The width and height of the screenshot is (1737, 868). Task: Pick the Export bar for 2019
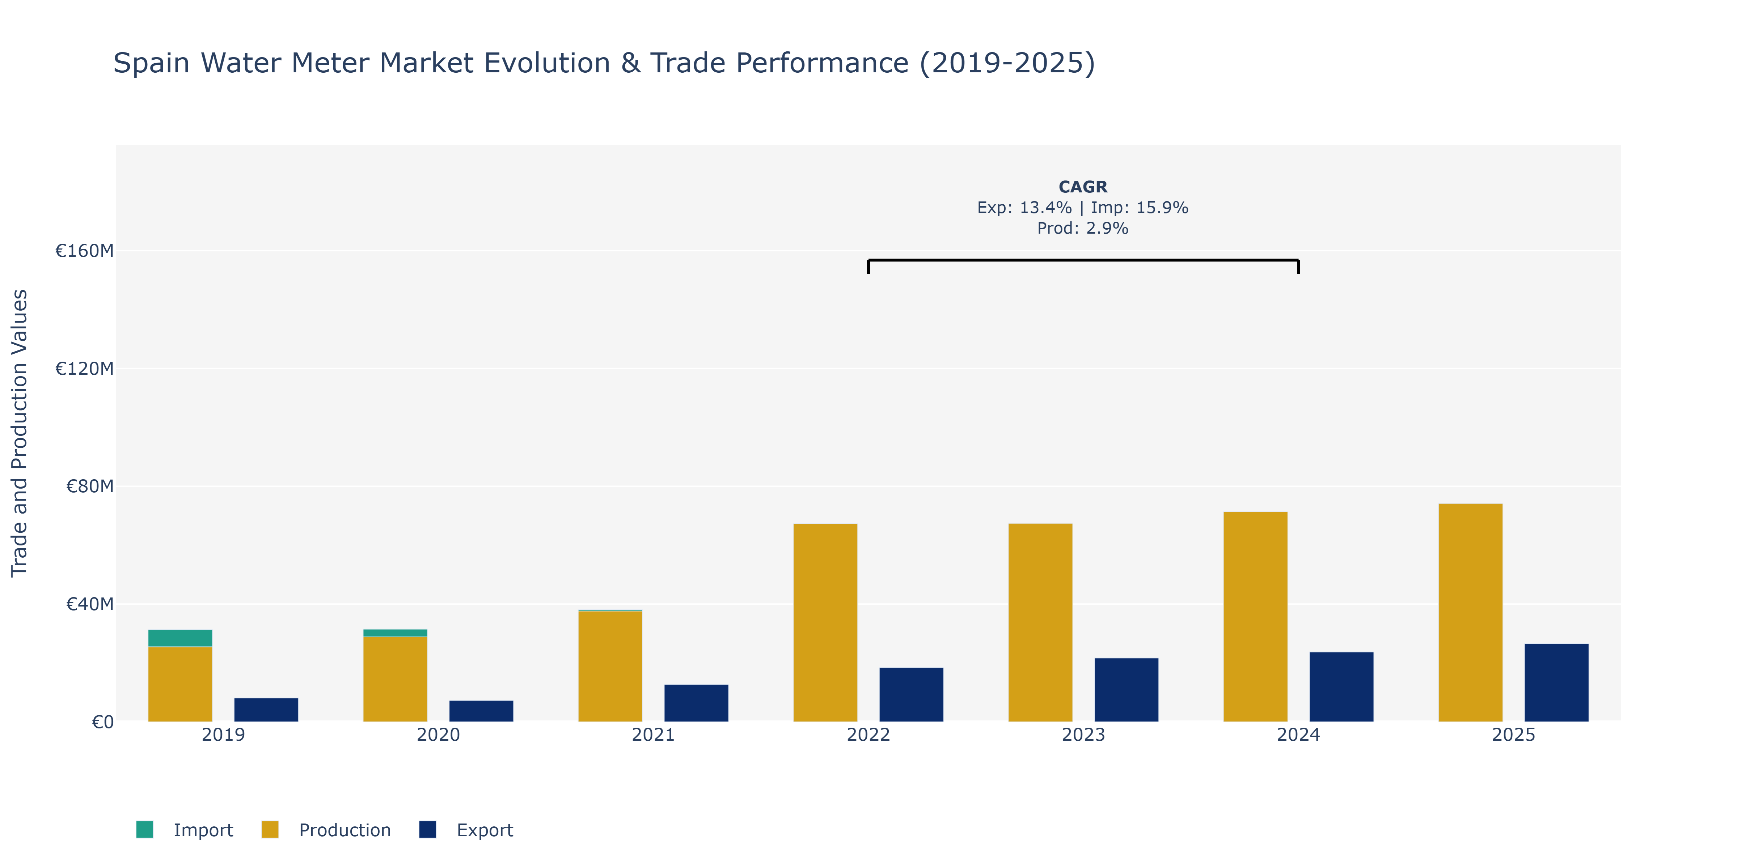coord(266,710)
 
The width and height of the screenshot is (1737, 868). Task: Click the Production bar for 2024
coord(1255,617)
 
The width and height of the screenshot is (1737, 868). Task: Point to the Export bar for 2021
coord(696,703)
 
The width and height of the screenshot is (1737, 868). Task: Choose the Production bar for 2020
coord(395,678)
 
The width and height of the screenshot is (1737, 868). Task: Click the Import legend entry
coord(185,830)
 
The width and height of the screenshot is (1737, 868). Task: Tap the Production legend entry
coord(326,830)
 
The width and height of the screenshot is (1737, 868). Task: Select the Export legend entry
coord(466,830)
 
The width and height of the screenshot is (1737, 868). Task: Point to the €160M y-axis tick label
coord(84,251)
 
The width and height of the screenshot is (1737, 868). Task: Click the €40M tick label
coord(90,604)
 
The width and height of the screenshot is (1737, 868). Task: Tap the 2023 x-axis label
coord(1083,735)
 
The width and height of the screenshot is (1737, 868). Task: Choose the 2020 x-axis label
coord(438,735)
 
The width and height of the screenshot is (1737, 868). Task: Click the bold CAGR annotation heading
coord(1083,187)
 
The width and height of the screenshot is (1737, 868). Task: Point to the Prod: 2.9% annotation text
coord(1083,229)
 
